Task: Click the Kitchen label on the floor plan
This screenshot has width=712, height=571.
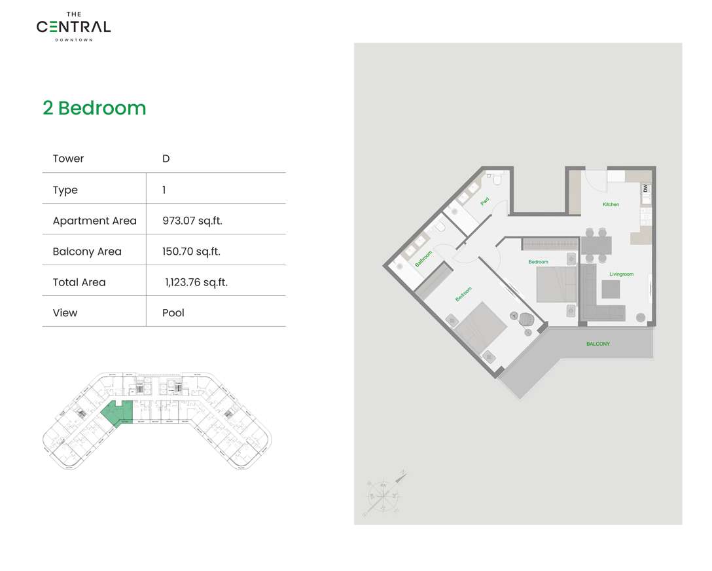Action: (611, 204)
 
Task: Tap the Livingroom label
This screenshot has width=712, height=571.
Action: (621, 274)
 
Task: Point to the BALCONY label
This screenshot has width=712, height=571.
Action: (597, 344)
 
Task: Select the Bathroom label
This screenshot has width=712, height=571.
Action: (423, 259)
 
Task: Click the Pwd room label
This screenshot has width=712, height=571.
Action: (484, 202)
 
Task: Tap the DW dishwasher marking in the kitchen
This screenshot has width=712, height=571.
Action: (645, 188)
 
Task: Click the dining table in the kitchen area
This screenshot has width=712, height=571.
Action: (596, 246)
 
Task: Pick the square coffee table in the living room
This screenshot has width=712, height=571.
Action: (611, 289)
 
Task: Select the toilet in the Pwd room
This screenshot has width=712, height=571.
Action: (497, 178)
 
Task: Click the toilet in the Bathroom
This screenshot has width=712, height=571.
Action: (440, 227)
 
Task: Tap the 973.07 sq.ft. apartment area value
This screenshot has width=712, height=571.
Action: (192, 221)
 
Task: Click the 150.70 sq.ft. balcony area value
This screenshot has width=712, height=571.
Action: (192, 251)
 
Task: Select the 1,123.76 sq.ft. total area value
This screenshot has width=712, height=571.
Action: (196, 282)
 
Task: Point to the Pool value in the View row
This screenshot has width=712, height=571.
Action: (173, 313)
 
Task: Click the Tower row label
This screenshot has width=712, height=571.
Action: (68, 158)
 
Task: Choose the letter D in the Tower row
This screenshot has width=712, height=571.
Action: (166, 158)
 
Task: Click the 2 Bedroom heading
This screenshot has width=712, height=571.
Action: (94, 108)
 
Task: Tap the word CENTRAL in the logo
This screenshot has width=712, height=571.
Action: (73, 27)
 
